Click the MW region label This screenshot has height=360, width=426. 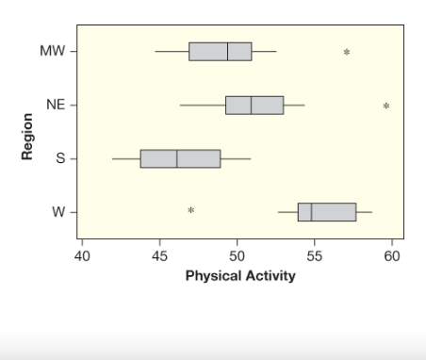click(52, 51)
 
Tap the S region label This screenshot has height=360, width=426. click(59, 158)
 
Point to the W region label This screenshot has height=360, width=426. click(57, 211)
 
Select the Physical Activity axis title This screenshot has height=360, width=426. click(239, 276)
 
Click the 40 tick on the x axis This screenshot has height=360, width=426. click(81, 254)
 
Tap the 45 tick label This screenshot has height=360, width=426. click(159, 254)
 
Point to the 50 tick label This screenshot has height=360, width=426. click(237, 254)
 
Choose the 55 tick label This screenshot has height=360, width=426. click(315, 254)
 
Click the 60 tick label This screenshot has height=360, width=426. click(393, 254)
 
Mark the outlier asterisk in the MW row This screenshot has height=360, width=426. click(346, 52)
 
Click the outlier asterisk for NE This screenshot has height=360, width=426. click(386, 106)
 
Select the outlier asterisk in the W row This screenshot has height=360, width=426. click(190, 210)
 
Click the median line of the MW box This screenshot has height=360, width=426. click(227, 51)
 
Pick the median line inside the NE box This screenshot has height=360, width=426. click(251, 105)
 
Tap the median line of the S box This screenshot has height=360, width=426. click(176, 158)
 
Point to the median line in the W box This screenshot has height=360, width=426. click(311, 211)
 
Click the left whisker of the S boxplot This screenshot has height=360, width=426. click(126, 158)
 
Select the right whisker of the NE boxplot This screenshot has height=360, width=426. click(294, 105)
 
